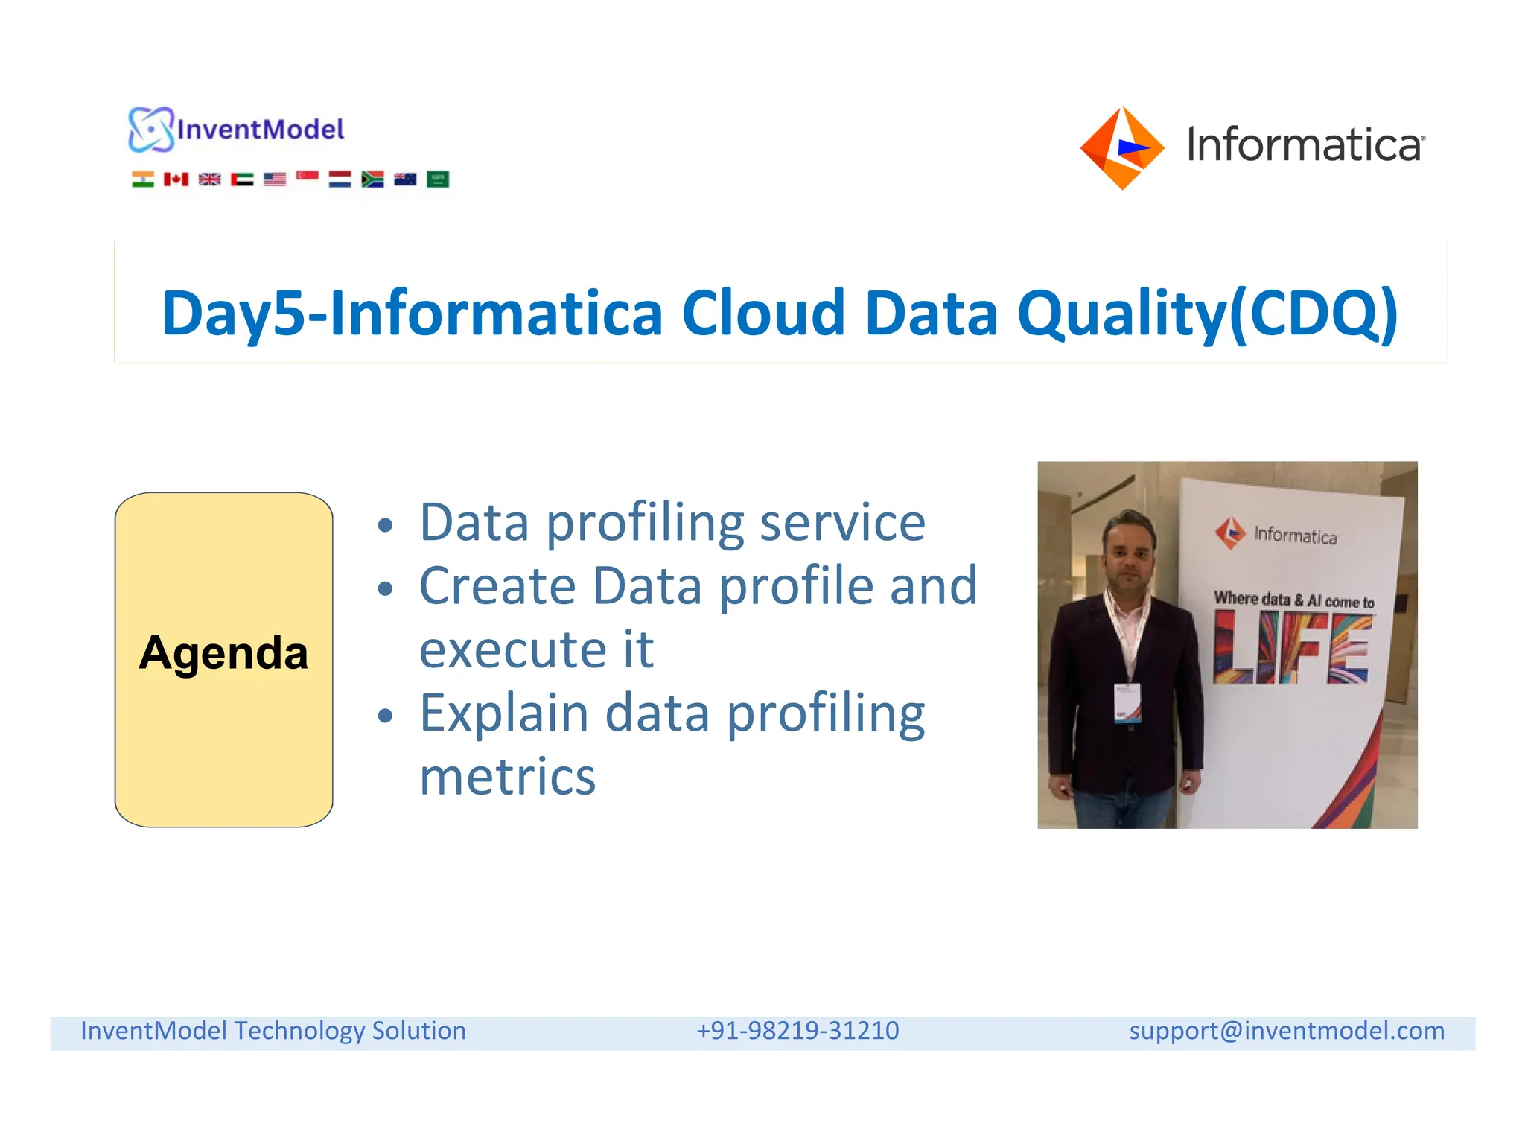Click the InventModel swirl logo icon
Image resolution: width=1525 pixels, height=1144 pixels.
pos(150,130)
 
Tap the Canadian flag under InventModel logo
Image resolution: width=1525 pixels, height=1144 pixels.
pos(176,179)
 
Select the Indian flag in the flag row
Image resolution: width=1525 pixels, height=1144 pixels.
pos(143,179)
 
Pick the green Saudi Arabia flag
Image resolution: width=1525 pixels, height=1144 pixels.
pos(438,179)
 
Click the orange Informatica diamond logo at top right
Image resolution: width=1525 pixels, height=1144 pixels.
pos(1122,147)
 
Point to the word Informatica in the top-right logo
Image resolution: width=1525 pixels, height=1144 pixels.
pos(1305,144)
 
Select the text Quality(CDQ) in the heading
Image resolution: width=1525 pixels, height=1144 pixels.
pos(1207,314)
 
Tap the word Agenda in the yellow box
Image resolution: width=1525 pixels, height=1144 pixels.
pos(223,653)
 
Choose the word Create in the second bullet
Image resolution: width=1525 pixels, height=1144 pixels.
pos(497,586)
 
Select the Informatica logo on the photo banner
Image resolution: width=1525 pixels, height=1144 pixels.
pos(1276,534)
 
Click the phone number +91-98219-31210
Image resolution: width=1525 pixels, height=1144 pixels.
pos(797,1031)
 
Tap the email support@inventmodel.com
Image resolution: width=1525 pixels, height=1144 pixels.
pos(1286,1031)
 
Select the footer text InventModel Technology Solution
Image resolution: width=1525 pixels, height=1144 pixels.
pos(273,1031)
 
